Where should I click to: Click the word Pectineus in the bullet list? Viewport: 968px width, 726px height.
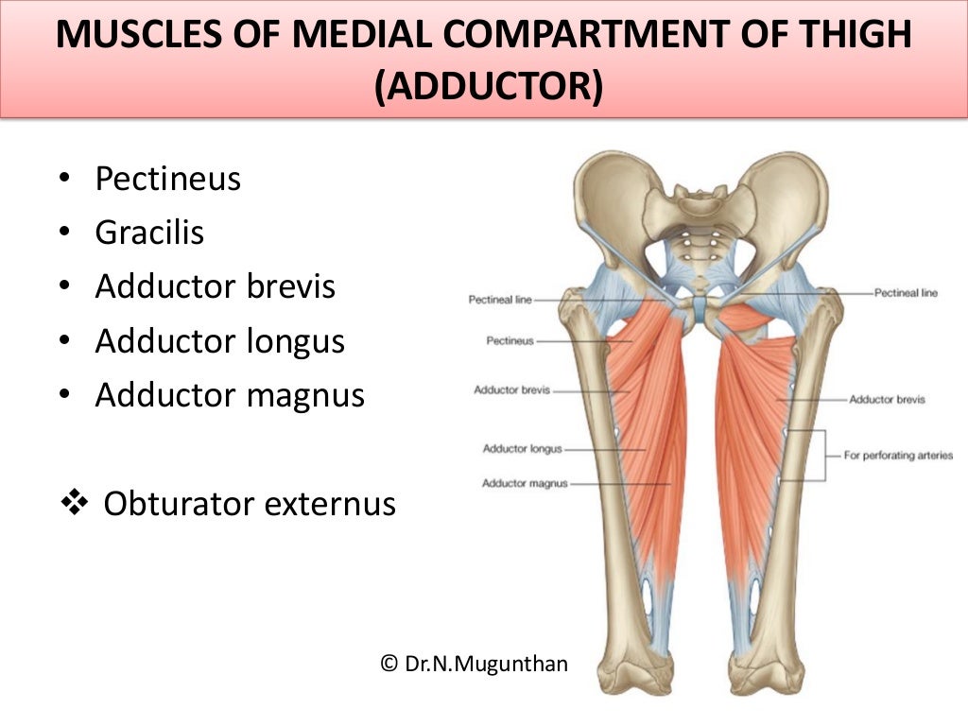click(x=167, y=179)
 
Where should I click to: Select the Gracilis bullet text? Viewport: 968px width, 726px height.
click(x=149, y=233)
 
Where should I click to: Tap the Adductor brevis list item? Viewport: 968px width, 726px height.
click(x=215, y=286)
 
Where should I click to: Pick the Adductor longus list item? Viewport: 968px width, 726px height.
click(x=219, y=341)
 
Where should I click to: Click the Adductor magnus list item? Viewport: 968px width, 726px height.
click(x=229, y=395)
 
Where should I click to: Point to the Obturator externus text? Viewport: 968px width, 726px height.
click(x=249, y=504)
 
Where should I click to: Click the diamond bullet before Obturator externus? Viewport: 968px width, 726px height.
click(x=73, y=504)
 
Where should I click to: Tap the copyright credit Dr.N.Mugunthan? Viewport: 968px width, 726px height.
click(x=474, y=664)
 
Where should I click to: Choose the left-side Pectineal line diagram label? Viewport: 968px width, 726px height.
click(x=500, y=301)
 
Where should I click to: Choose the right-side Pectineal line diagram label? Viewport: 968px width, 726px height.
click(x=906, y=293)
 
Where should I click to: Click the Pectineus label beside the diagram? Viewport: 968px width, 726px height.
click(x=510, y=340)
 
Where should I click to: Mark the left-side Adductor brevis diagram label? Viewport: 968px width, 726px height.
click(x=511, y=389)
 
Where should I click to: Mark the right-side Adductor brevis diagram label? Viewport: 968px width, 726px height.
click(x=887, y=400)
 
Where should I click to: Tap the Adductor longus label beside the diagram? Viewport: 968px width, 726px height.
click(x=522, y=449)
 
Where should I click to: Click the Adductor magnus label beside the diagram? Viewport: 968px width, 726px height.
click(x=525, y=484)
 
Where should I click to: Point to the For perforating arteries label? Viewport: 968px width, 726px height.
click(x=898, y=456)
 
